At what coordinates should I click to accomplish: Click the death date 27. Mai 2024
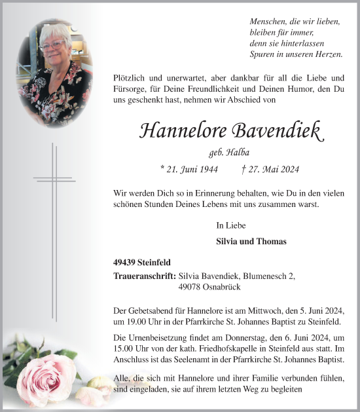274,169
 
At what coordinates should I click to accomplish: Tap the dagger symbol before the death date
243,168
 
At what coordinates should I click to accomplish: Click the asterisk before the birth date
162,168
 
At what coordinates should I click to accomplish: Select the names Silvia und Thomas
251,241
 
